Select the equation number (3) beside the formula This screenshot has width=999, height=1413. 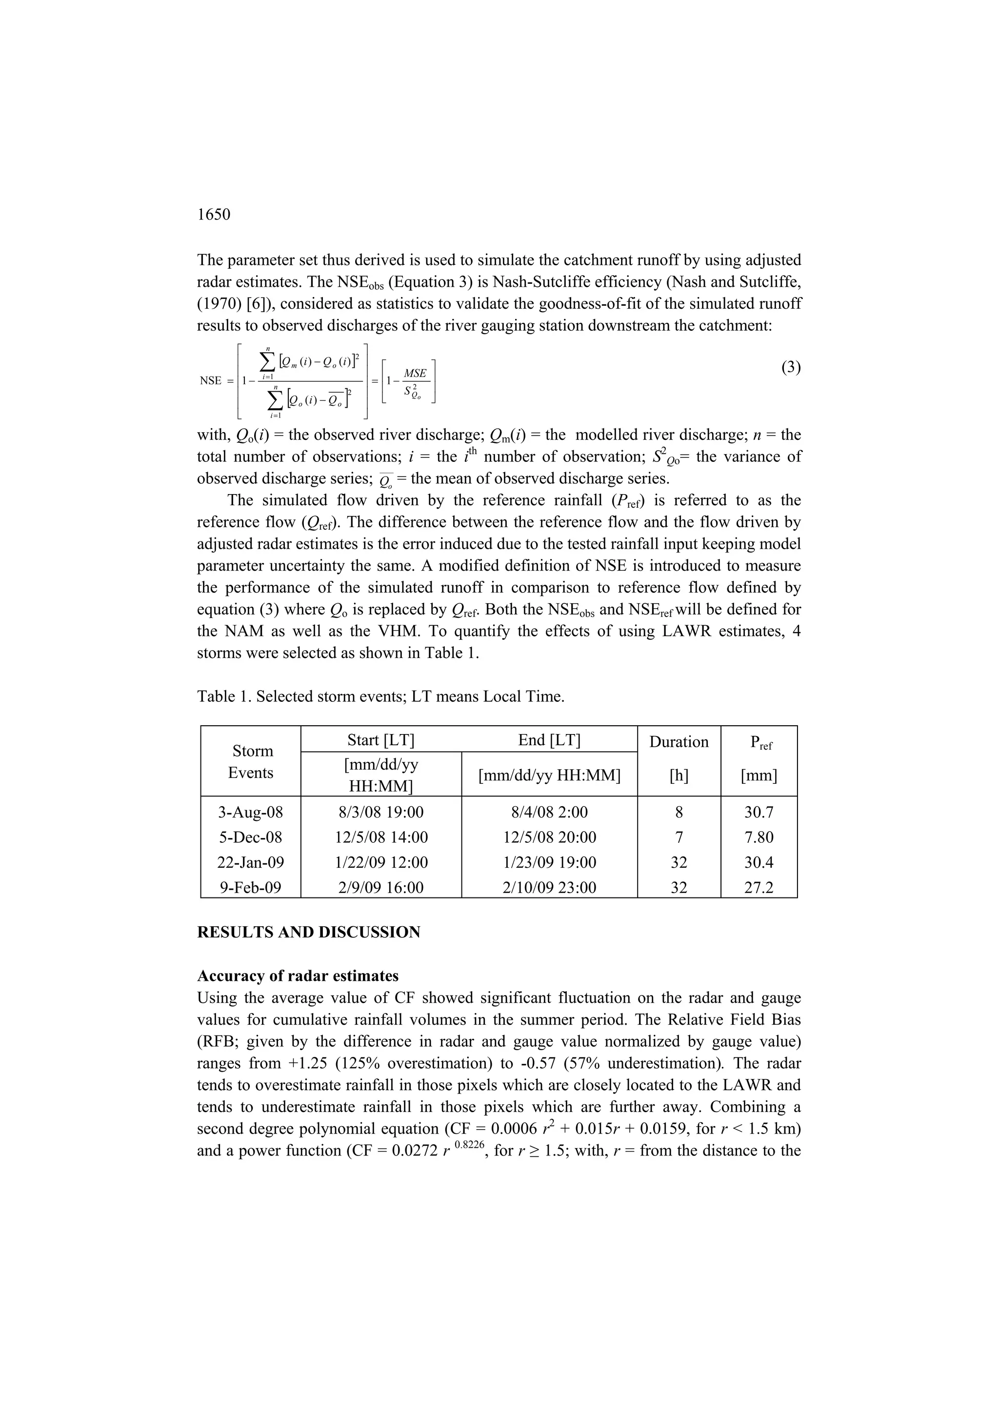pos(791,368)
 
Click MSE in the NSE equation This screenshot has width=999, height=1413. pos(415,374)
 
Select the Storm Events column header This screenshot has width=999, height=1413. pos(251,761)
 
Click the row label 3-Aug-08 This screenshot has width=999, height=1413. pos(251,813)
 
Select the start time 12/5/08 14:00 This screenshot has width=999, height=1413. pos(381,837)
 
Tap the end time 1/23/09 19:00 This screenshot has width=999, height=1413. pos(549,862)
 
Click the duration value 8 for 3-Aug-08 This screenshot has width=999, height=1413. pos(679,813)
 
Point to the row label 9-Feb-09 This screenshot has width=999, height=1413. pos(251,887)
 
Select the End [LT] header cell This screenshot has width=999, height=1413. pos(549,740)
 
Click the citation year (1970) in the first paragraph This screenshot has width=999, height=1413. pos(219,304)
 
